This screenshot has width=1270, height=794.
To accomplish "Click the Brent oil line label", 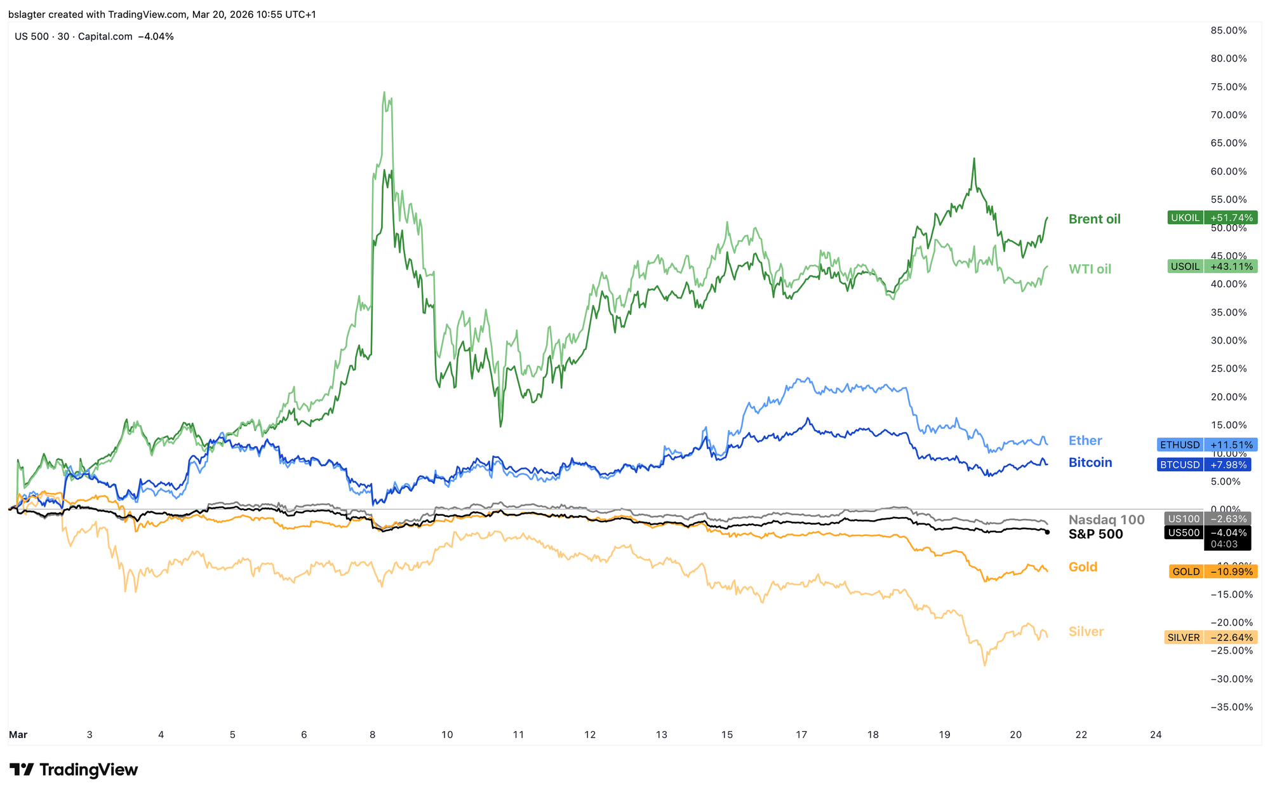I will [x=1094, y=219].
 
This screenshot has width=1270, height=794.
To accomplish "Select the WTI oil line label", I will [x=1090, y=269].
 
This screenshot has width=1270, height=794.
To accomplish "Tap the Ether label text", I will [x=1085, y=440].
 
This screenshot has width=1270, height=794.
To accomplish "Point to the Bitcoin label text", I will [x=1090, y=462].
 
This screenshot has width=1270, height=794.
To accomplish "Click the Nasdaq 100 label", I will [x=1106, y=520].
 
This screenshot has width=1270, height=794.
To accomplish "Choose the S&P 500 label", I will [x=1095, y=534].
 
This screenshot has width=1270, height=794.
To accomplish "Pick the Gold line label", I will [x=1083, y=567].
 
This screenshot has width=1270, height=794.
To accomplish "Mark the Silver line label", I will [x=1086, y=631].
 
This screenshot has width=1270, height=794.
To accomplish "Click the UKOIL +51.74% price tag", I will [x=1212, y=218].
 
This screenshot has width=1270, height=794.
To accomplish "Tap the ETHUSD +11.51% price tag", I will [x=1206, y=445].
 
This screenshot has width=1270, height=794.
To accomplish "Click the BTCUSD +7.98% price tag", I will [x=1206, y=465].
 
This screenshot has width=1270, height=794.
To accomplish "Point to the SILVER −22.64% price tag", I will [x=1210, y=638].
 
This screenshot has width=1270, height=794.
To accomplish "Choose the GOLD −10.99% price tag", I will [x=1213, y=572].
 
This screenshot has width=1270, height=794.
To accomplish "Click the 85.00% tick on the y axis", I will [x=1228, y=30].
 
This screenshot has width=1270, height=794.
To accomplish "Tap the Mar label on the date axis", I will [x=18, y=735].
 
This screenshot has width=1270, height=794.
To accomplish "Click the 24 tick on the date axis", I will [x=1156, y=735].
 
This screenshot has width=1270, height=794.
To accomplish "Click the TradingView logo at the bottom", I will [x=74, y=770].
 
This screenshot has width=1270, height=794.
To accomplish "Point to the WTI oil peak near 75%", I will [x=384, y=93].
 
